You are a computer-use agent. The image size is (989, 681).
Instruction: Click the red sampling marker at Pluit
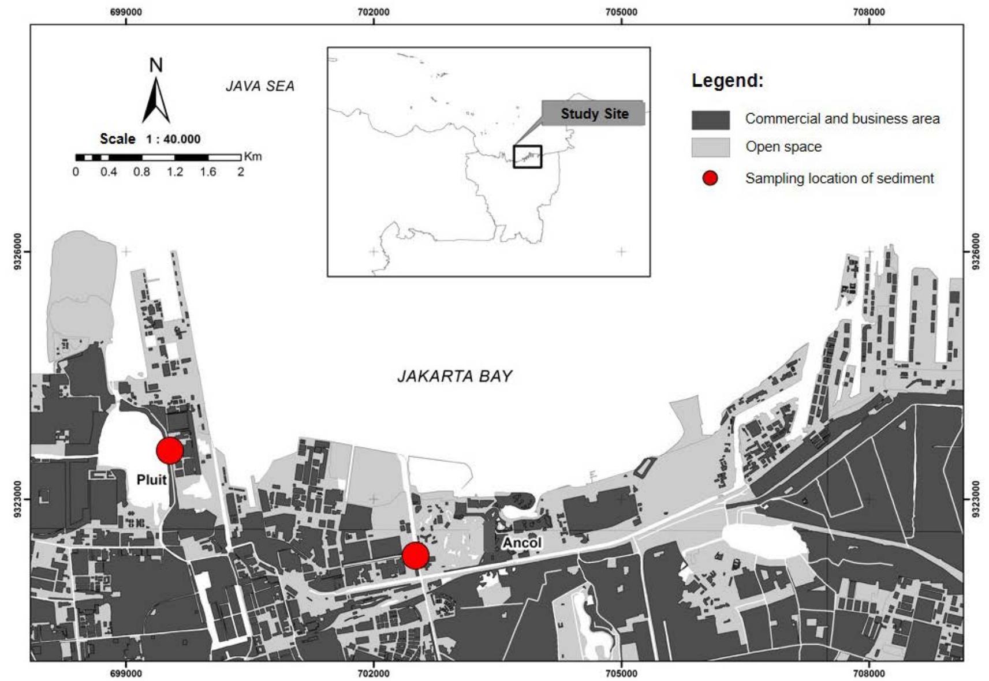[x=170, y=450]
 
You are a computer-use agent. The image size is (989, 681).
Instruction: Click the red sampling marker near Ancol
[x=416, y=555]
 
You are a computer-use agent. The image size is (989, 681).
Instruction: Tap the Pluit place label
[x=151, y=480]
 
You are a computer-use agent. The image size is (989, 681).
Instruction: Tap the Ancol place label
[x=522, y=543]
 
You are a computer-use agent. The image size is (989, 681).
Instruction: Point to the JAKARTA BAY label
[x=454, y=376]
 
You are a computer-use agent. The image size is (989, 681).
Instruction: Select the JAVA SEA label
[x=260, y=86]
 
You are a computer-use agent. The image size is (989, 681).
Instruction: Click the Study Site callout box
[x=594, y=114]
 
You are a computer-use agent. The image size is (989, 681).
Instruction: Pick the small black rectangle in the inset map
[x=528, y=156]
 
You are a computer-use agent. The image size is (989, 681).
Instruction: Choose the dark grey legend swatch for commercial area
[x=710, y=119]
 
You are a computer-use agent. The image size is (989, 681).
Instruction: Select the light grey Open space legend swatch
[x=710, y=147]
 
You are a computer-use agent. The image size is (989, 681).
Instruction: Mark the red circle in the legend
[x=710, y=178]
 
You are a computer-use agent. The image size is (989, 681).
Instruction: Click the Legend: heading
[x=727, y=81]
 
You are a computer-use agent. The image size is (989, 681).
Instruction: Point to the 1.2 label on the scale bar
[x=175, y=171]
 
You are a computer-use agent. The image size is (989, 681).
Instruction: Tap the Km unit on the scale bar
[x=253, y=156]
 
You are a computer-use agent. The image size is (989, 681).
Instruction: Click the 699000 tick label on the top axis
[x=125, y=12]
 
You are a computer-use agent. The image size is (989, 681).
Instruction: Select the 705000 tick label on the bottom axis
[x=621, y=673]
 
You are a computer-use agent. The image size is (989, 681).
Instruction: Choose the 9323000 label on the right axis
[x=976, y=499]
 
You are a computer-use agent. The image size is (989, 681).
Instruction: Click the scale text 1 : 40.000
[x=173, y=139]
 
